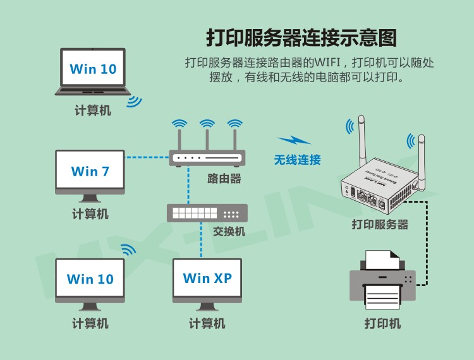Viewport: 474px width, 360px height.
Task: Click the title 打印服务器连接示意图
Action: point(302,37)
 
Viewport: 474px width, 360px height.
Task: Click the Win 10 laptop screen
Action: point(93,68)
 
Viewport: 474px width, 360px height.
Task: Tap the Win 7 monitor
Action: point(90,171)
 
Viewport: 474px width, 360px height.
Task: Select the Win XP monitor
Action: point(207,278)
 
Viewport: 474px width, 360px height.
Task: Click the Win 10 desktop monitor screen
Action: point(90,279)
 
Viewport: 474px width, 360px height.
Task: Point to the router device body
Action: point(206,158)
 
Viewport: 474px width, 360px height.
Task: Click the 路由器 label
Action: point(224,179)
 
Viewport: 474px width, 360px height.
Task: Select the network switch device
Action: point(207,213)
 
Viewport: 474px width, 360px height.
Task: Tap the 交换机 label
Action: point(229,232)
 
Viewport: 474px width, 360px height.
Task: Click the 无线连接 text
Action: point(297,160)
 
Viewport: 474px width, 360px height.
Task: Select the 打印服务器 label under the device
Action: point(380,225)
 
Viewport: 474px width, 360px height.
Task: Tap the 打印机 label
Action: point(382,324)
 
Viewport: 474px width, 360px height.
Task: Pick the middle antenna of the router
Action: point(206,136)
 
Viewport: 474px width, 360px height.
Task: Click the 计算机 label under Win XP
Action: point(207,324)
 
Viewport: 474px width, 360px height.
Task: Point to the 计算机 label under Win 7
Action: point(90,214)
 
